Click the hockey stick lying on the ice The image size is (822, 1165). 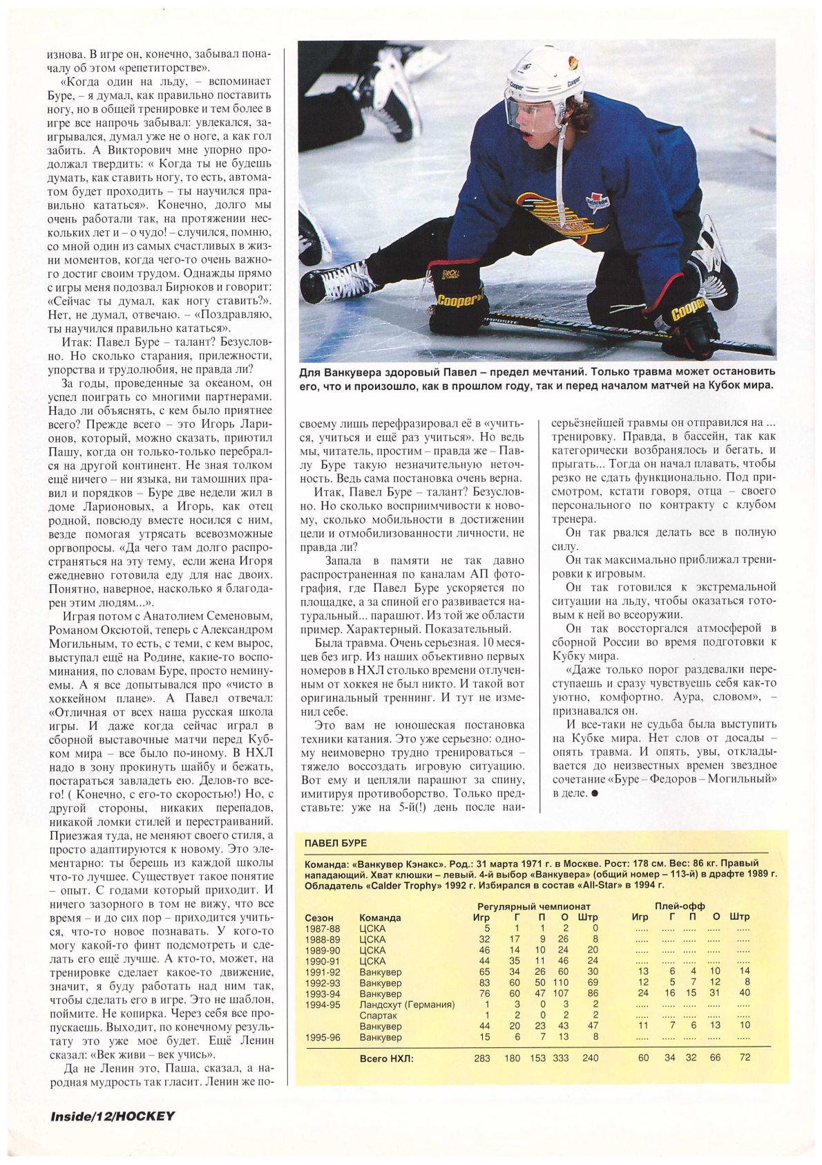pyautogui.click(x=622, y=332)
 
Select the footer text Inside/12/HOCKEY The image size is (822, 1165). pyautogui.click(x=113, y=1116)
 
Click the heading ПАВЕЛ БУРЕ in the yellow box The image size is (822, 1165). pyautogui.click(x=336, y=843)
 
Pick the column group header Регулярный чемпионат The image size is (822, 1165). pyautogui.click(x=534, y=906)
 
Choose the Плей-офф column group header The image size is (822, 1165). pyautogui.click(x=680, y=906)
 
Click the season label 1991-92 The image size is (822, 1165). pyautogui.click(x=322, y=971)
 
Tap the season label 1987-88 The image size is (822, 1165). pyautogui.click(x=322, y=929)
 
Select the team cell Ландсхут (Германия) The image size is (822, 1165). pyautogui.click(x=407, y=1005)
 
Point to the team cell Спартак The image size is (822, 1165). pyautogui.click(x=379, y=1016)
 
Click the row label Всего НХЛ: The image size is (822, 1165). pyautogui.click(x=387, y=1058)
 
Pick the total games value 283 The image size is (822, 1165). pyautogui.click(x=481, y=1058)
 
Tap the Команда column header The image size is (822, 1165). pyautogui.click(x=380, y=917)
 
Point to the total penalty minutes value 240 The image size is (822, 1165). pyautogui.click(x=590, y=1058)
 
